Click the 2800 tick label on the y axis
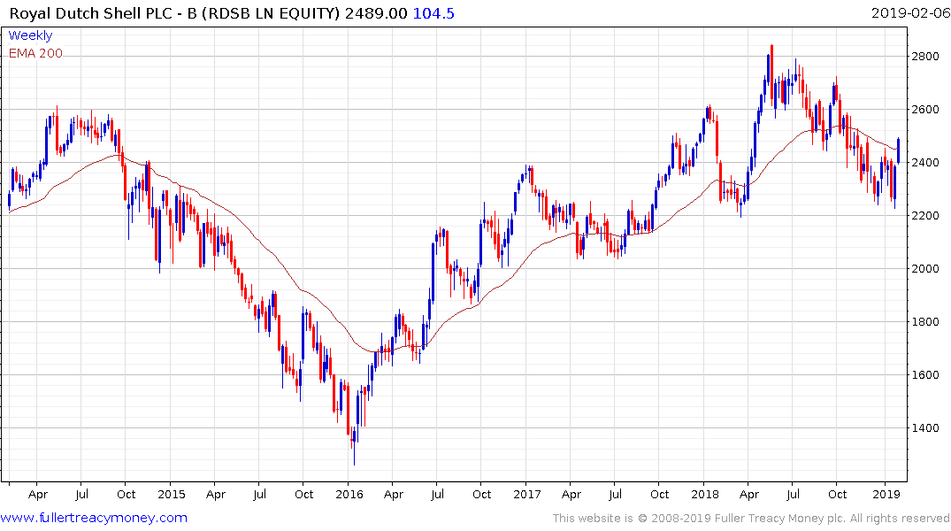coord(925,57)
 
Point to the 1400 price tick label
coord(925,428)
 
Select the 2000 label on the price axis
coord(925,269)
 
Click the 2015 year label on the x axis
coord(172,494)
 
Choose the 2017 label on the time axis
coord(527,494)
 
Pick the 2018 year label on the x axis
coord(706,494)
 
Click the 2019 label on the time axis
coord(886,494)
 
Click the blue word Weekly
coord(30,35)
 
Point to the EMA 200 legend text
coord(35,53)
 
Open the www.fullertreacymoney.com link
coord(94,518)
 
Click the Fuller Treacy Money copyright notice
coord(750,518)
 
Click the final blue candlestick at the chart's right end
coord(899,150)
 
